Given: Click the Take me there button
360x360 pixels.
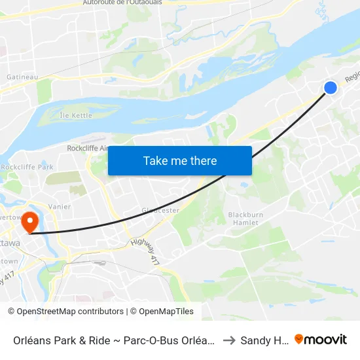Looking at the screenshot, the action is [x=179, y=160].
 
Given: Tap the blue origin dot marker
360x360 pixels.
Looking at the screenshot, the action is [x=331, y=87].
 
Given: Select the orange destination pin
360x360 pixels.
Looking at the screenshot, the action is [x=30, y=222].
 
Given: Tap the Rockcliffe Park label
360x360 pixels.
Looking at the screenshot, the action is [x=27, y=167].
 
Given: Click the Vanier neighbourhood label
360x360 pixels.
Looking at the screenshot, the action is [x=59, y=206].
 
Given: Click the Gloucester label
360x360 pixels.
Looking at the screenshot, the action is [x=160, y=210].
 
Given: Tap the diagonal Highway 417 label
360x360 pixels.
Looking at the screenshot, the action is [x=145, y=250].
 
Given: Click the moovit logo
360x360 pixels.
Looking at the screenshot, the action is [x=320, y=339].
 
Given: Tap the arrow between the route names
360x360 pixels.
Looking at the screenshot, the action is [x=229, y=340].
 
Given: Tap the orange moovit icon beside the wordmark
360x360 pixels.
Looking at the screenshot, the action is [x=299, y=339].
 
